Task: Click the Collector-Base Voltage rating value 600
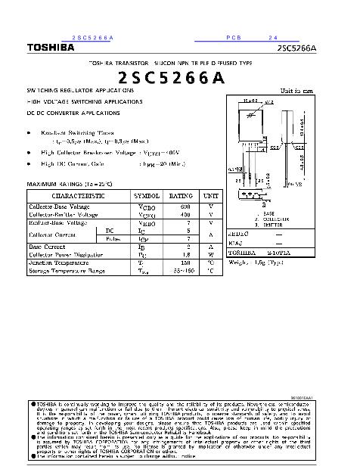(x=185, y=206)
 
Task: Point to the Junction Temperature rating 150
(x=185, y=263)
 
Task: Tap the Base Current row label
(x=47, y=247)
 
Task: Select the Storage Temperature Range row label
(x=67, y=270)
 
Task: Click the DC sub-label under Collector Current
(x=109, y=230)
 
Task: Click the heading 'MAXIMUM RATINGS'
(x=56, y=184)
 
